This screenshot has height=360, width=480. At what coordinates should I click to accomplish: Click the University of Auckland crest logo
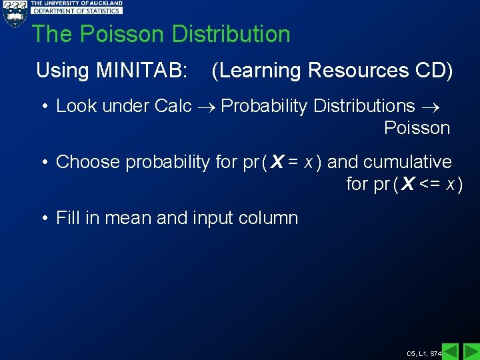click(14, 13)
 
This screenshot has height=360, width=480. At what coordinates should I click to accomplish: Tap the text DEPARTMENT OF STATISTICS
click(77, 11)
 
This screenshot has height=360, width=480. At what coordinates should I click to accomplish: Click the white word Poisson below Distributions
click(417, 128)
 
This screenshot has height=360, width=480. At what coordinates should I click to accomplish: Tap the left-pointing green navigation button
click(451, 351)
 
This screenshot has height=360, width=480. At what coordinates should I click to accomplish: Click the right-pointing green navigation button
click(471, 351)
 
